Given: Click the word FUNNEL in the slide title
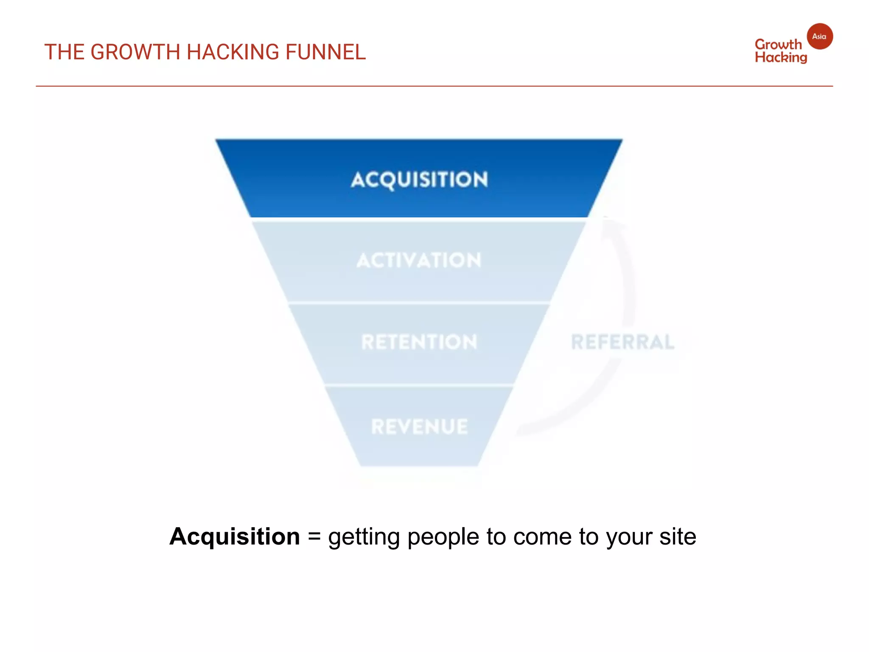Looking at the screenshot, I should click(325, 52).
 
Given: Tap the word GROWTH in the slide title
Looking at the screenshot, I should click(135, 52).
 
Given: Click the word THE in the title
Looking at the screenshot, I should click(64, 52).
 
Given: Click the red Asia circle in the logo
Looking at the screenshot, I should click(819, 37).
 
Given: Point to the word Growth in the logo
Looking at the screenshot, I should click(778, 45).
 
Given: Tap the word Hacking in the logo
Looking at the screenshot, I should click(781, 58).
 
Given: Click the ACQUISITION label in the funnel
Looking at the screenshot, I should click(419, 180).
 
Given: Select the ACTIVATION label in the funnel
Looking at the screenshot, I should click(419, 260).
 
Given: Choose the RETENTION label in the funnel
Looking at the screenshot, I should click(419, 342).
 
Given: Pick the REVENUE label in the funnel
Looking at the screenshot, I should click(419, 427).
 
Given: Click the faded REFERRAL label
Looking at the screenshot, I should click(622, 342).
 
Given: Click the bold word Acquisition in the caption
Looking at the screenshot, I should click(235, 537).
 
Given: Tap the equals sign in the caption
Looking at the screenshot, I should click(314, 537).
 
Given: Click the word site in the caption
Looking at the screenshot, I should click(678, 537).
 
